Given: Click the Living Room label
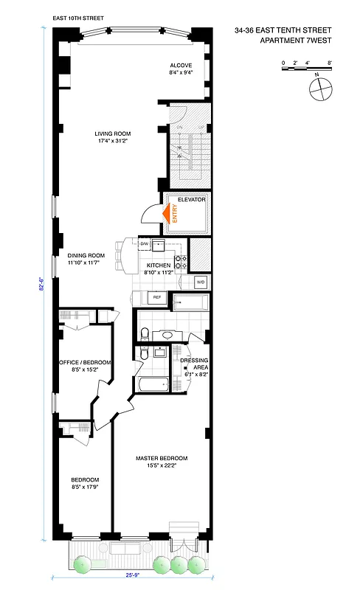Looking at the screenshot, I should tap(111, 133).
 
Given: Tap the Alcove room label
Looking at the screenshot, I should tap(180, 66).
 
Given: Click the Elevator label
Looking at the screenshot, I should tap(190, 201).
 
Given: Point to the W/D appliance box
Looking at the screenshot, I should tap(200, 282).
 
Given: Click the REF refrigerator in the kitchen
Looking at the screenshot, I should tap(156, 297).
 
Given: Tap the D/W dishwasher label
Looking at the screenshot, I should tap(145, 243).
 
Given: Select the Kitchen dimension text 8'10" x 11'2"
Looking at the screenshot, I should tap(159, 272).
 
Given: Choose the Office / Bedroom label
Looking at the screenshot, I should tap(85, 362).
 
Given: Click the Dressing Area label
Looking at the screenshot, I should tap(195, 361).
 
